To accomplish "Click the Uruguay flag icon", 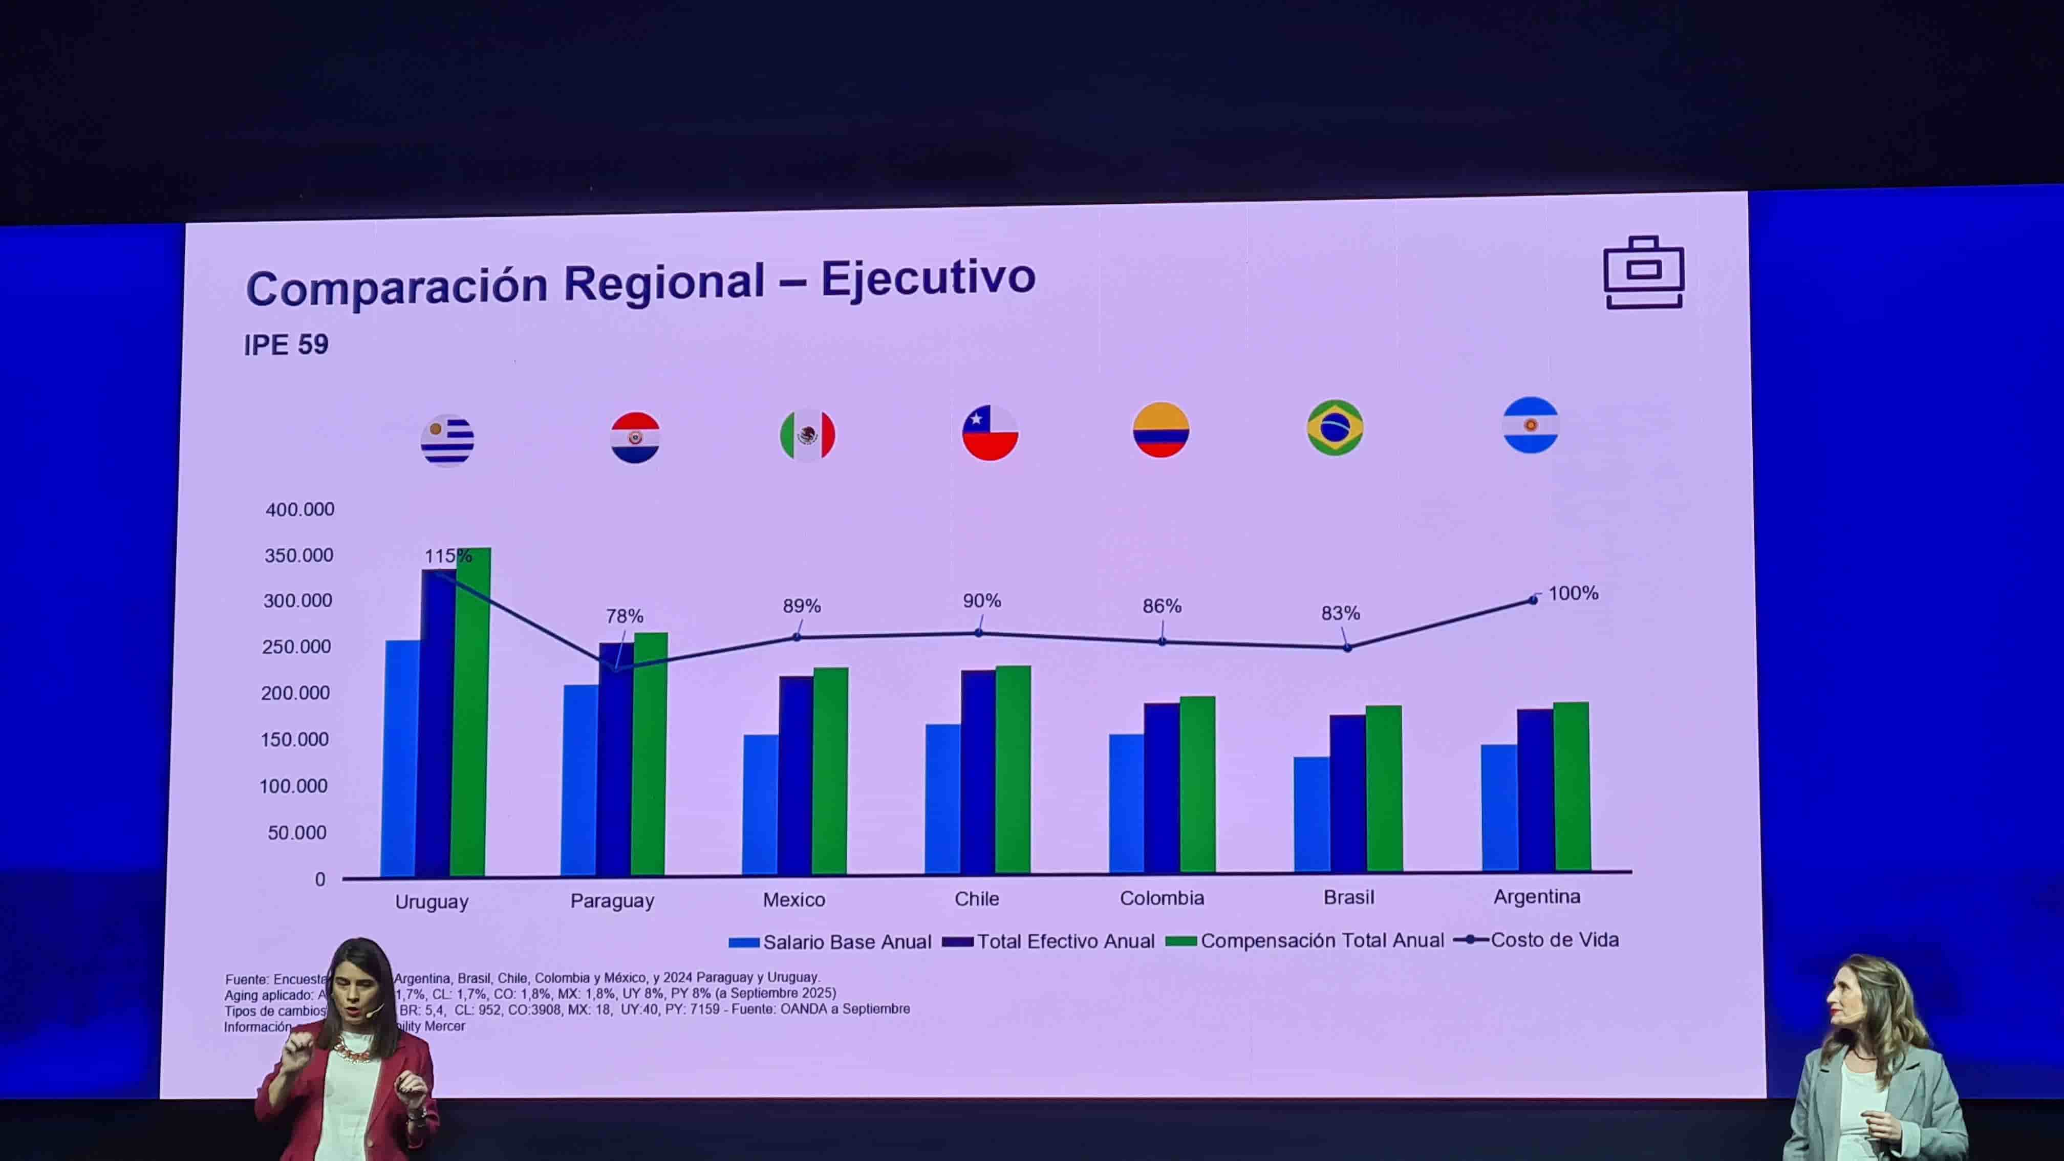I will [x=447, y=440].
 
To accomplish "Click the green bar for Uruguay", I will [x=470, y=713].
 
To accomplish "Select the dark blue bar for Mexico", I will [x=795, y=775].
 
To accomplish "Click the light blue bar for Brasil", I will [x=1311, y=814].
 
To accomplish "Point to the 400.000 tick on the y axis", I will [x=299, y=509].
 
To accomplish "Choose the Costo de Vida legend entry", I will [x=1537, y=940].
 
